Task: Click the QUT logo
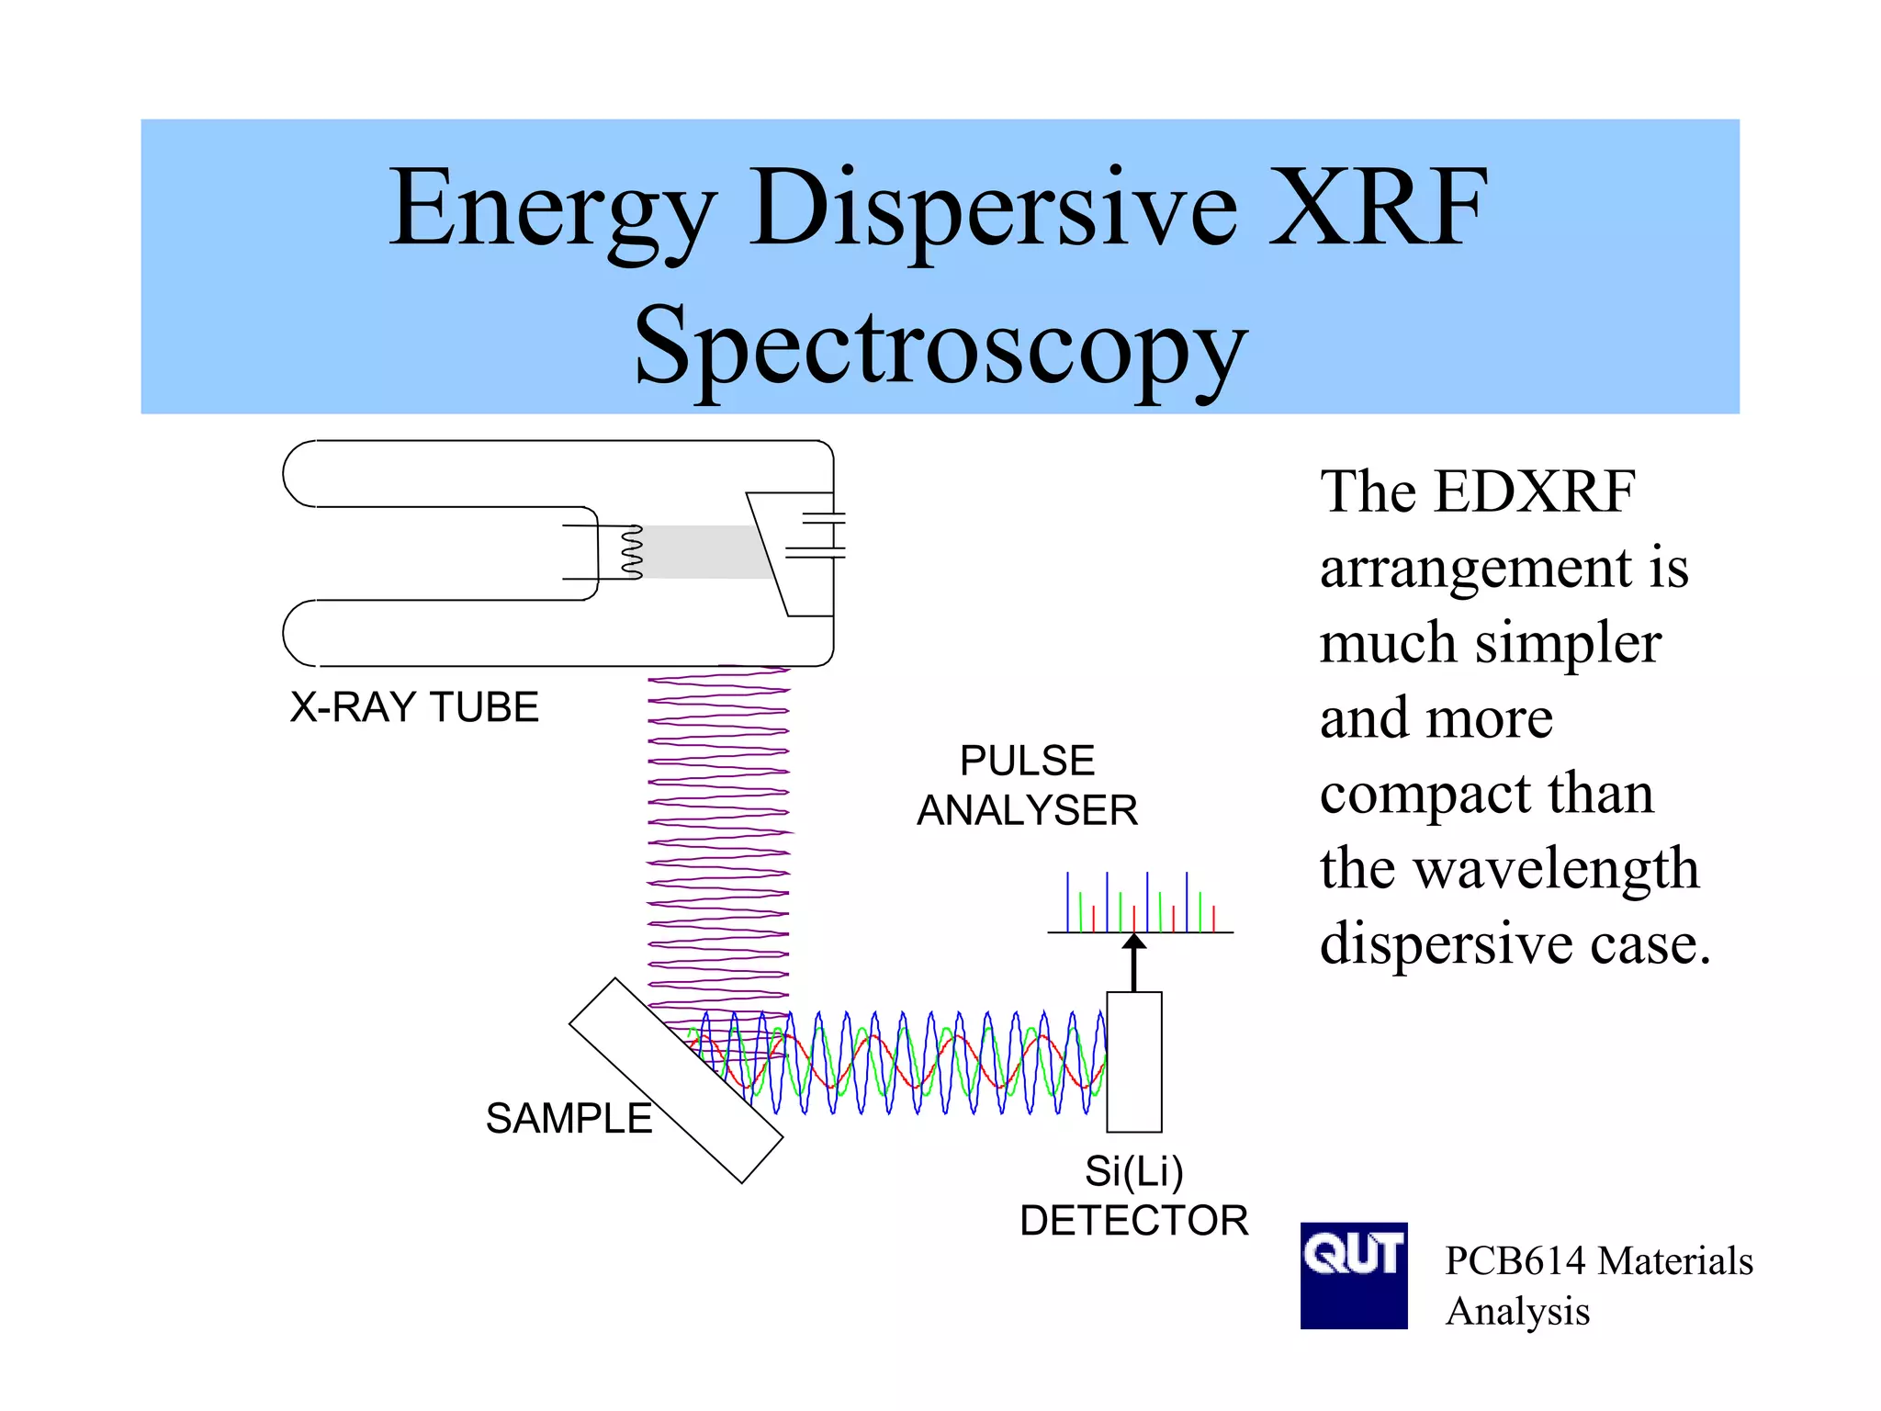point(1353,1274)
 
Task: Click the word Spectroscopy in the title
point(940,349)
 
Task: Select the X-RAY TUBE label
point(414,707)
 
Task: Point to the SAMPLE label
point(569,1119)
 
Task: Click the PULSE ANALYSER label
point(1027,785)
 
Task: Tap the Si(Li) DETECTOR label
point(1133,1196)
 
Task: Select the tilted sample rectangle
point(675,1079)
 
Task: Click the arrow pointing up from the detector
point(1134,962)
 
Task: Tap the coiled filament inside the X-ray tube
point(632,551)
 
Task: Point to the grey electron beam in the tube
point(703,551)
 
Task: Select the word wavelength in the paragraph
point(1556,868)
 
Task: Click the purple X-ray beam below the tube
point(718,827)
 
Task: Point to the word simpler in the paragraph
point(1568,642)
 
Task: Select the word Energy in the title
point(552,209)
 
